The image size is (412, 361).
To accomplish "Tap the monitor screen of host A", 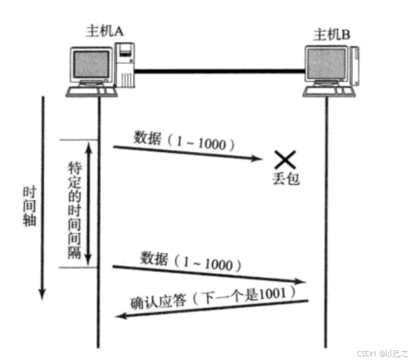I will [90, 66].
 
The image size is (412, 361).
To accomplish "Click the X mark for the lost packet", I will [285, 158].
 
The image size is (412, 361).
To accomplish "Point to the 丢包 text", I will [285, 178].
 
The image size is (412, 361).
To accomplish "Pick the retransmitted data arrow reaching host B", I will [210, 275].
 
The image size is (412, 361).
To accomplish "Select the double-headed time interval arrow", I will [88, 203].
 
